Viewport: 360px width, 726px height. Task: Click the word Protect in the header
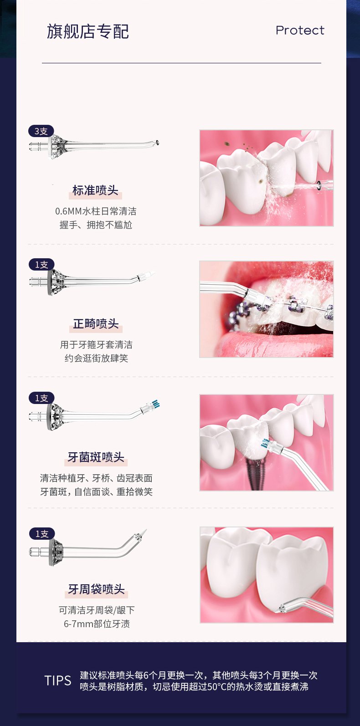pos(300,31)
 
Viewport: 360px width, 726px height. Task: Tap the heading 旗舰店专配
pos(88,31)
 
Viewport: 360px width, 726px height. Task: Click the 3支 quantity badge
pos(41,131)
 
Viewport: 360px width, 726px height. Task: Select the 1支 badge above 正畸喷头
pos(41,265)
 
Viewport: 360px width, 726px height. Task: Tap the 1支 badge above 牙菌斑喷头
pos(41,398)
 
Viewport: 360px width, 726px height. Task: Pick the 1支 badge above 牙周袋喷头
pos(42,534)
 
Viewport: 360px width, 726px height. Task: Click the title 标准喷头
pos(95,190)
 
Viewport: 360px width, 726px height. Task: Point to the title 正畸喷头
pos(96,323)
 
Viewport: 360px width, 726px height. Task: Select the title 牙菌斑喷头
pos(96,457)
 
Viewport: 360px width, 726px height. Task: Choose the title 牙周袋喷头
pos(96,589)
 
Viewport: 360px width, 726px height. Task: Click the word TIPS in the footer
pos(58,680)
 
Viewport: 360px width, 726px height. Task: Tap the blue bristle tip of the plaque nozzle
pos(156,404)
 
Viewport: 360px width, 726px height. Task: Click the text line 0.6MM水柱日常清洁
pos(96,211)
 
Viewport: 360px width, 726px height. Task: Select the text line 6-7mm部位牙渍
pos(97,624)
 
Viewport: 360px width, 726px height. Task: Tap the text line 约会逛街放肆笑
pos(96,358)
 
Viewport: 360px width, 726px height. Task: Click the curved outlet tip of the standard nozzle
pos(157,142)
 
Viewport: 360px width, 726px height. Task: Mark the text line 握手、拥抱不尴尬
pos(96,225)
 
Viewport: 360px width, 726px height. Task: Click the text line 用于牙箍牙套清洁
pos(96,344)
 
